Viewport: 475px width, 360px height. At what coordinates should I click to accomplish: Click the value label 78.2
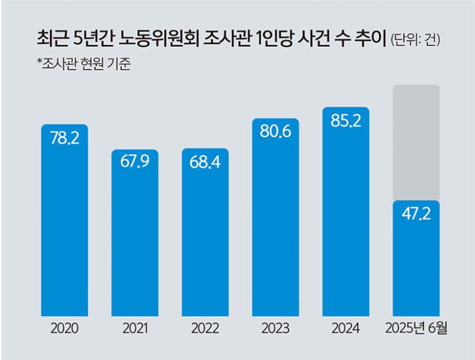click(x=65, y=138)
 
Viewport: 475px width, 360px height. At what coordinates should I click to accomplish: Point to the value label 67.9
click(x=135, y=163)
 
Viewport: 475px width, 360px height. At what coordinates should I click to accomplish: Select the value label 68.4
click(x=205, y=163)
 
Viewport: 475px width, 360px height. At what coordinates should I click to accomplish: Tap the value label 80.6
click(x=275, y=132)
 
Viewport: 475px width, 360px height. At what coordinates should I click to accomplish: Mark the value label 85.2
click(x=346, y=121)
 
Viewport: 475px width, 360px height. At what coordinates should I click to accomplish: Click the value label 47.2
click(x=416, y=214)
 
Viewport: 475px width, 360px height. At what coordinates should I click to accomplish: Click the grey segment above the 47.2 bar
click(x=416, y=143)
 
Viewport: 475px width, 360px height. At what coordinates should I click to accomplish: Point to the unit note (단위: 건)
click(x=415, y=41)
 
